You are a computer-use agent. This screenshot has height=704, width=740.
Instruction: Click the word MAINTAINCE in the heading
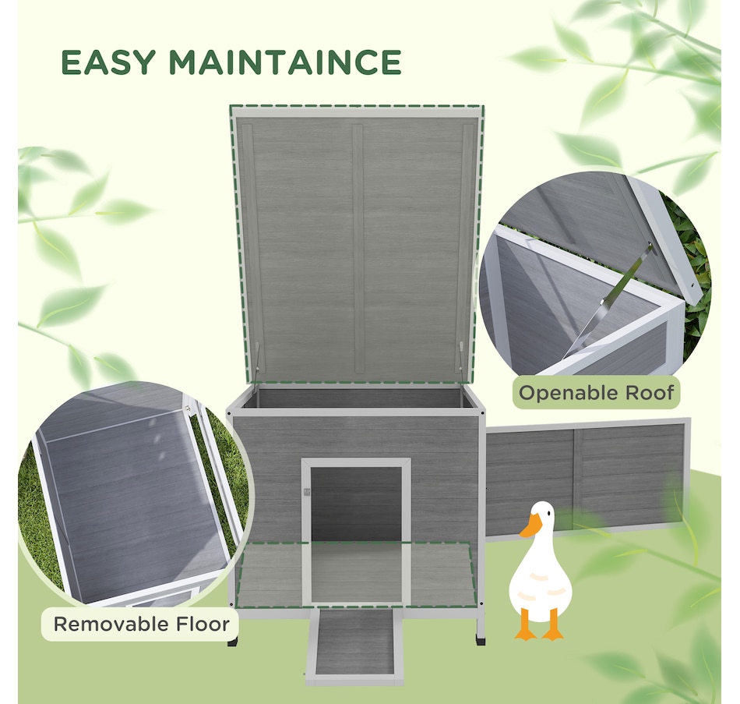coord(285,62)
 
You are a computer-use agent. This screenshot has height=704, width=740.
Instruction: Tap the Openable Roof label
coord(596,392)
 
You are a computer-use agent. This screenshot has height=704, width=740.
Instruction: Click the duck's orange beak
coord(530,526)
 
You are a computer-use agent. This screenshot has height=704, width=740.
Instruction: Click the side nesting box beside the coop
coord(586,476)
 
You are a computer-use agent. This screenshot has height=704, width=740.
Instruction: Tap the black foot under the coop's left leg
coord(233,642)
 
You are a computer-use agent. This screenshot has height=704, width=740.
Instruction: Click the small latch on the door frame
coord(307,493)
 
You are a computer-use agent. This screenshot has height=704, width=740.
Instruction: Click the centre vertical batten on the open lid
coord(358,246)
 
